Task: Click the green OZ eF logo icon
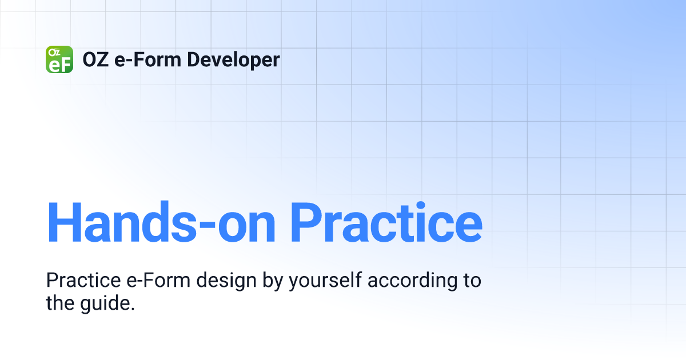[x=59, y=59]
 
